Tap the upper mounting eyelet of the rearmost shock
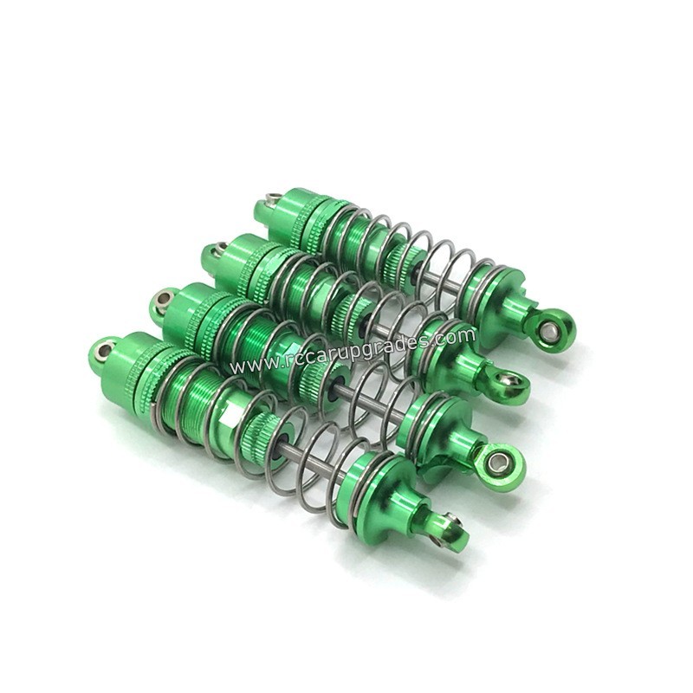tap(268, 204)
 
